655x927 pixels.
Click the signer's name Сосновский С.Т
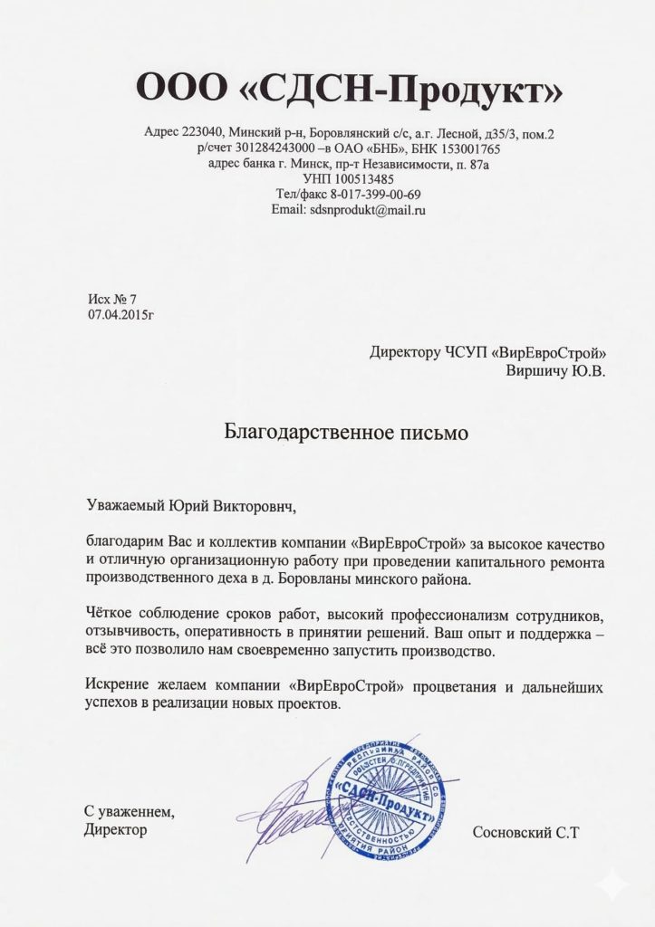[x=525, y=831]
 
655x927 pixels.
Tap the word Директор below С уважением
[x=115, y=828]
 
